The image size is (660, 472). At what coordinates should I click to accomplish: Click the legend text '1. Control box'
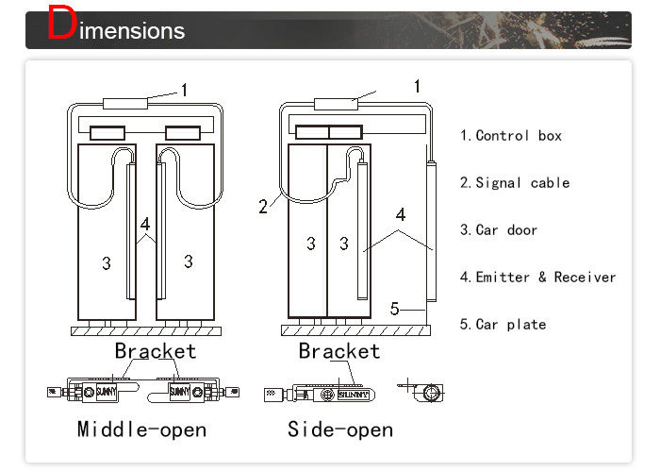[x=510, y=136]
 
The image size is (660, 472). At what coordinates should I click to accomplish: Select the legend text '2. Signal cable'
[x=515, y=183]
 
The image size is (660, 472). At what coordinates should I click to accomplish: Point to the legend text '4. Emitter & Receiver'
[x=537, y=278]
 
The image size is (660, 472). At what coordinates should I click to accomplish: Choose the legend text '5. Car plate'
[x=503, y=325]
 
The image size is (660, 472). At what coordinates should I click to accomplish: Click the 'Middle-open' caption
[x=141, y=430]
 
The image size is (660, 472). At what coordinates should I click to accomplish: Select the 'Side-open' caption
[x=340, y=430]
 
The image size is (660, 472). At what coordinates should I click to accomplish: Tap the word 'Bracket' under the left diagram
[x=156, y=352]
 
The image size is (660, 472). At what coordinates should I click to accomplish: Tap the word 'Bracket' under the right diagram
[x=339, y=352]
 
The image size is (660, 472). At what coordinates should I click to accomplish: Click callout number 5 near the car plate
[x=397, y=308]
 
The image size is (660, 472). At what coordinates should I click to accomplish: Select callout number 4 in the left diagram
[x=145, y=225]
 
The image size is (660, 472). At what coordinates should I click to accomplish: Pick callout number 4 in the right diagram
[x=401, y=214]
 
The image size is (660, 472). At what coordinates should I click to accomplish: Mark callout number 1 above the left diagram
[x=185, y=91]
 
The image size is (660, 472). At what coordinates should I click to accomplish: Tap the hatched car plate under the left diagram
[x=145, y=329]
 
